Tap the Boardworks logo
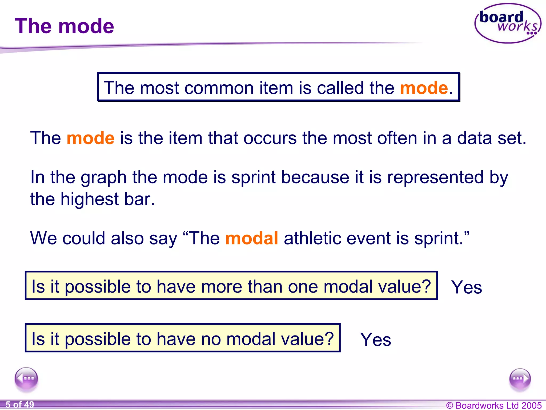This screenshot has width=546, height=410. point(508,23)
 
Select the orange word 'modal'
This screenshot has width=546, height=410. point(252,238)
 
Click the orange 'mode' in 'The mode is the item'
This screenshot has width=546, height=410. point(90,138)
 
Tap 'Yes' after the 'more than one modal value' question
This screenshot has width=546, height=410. point(467,287)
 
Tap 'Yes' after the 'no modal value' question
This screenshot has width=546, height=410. point(375,340)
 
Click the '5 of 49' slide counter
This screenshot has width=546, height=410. point(20,405)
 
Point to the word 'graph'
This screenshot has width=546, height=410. point(104,178)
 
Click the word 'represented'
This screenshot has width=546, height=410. point(435,177)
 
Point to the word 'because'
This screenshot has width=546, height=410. point(315,177)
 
